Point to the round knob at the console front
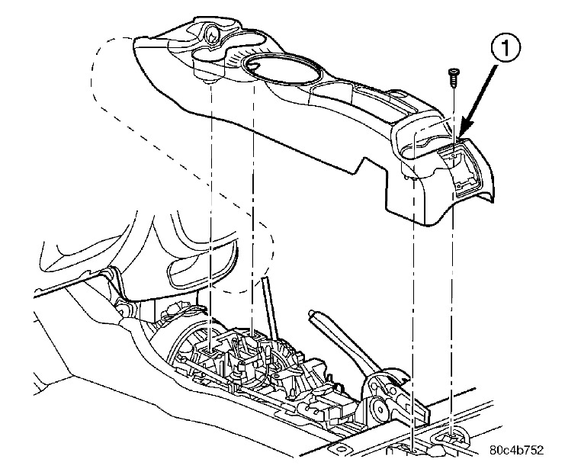pos(211,33)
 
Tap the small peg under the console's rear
pos(411,177)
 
